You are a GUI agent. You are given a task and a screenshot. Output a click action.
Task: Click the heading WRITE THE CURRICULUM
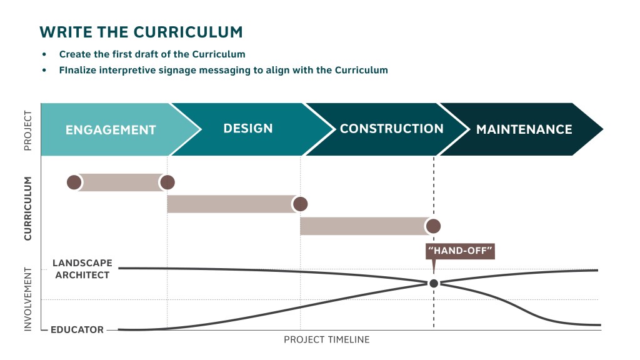click(141, 32)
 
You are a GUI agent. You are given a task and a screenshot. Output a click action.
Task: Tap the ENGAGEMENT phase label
click(111, 130)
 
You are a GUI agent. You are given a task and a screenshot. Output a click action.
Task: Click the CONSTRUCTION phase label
click(392, 129)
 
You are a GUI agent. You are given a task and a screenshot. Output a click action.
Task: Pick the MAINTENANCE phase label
click(524, 129)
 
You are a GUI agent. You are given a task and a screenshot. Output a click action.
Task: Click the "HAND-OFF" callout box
click(461, 252)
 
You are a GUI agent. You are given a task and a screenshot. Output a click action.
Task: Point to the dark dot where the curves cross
click(434, 283)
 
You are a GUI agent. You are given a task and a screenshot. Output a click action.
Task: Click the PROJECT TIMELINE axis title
click(327, 340)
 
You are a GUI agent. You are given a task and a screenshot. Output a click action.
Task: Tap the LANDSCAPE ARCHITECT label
click(81, 269)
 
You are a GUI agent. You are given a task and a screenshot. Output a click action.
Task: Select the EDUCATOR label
click(77, 329)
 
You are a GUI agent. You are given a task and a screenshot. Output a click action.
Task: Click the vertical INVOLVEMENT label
click(27, 299)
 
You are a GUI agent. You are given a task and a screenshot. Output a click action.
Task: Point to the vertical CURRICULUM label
click(27, 208)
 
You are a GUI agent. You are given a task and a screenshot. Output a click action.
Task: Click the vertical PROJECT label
click(27, 131)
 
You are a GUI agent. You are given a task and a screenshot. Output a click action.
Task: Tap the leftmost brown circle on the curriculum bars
click(74, 182)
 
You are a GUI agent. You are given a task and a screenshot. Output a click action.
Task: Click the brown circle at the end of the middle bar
click(301, 204)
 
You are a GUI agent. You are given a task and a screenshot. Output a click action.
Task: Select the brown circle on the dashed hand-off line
click(433, 226)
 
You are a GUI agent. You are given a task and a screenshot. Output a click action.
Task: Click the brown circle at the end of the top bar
click(167, 182)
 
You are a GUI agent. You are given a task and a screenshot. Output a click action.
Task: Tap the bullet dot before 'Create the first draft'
click(44, 54)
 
